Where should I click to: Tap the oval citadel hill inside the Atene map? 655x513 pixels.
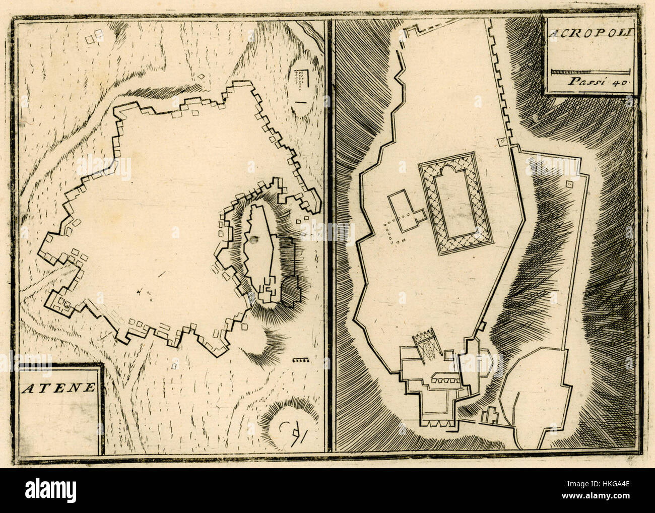click(262, 252)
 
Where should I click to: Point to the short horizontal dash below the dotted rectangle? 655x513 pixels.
click(301, 102)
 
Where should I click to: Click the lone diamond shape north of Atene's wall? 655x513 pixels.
click(201, 77)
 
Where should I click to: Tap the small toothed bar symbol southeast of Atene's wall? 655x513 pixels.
click(300, 360)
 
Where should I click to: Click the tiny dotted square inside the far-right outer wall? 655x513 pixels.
click(570, 184)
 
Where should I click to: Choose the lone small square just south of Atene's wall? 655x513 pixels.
click(175, 362)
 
